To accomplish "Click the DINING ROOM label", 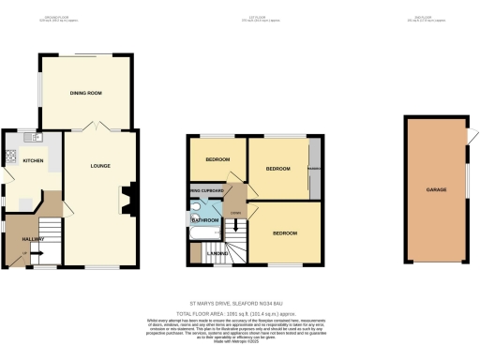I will [x=86, y=93].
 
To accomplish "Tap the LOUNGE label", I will [x=100, y=166].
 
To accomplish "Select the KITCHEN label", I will [x=33, y=160].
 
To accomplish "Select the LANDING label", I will [x=215, y=253].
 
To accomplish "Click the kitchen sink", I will [x=36, y=138].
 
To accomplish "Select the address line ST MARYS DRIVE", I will [x=239, y=303].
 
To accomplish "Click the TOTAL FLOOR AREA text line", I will [x=239, y=313].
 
